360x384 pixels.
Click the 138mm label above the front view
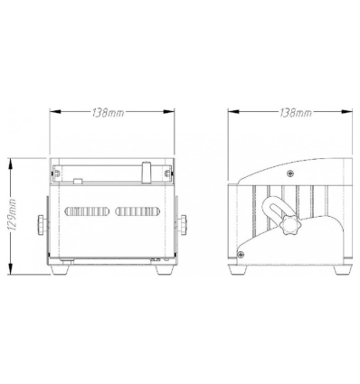point(110,113)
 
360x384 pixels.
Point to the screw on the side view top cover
point(289,172)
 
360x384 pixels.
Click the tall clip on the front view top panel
point(148,171)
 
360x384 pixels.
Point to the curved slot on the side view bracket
point(270,217)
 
